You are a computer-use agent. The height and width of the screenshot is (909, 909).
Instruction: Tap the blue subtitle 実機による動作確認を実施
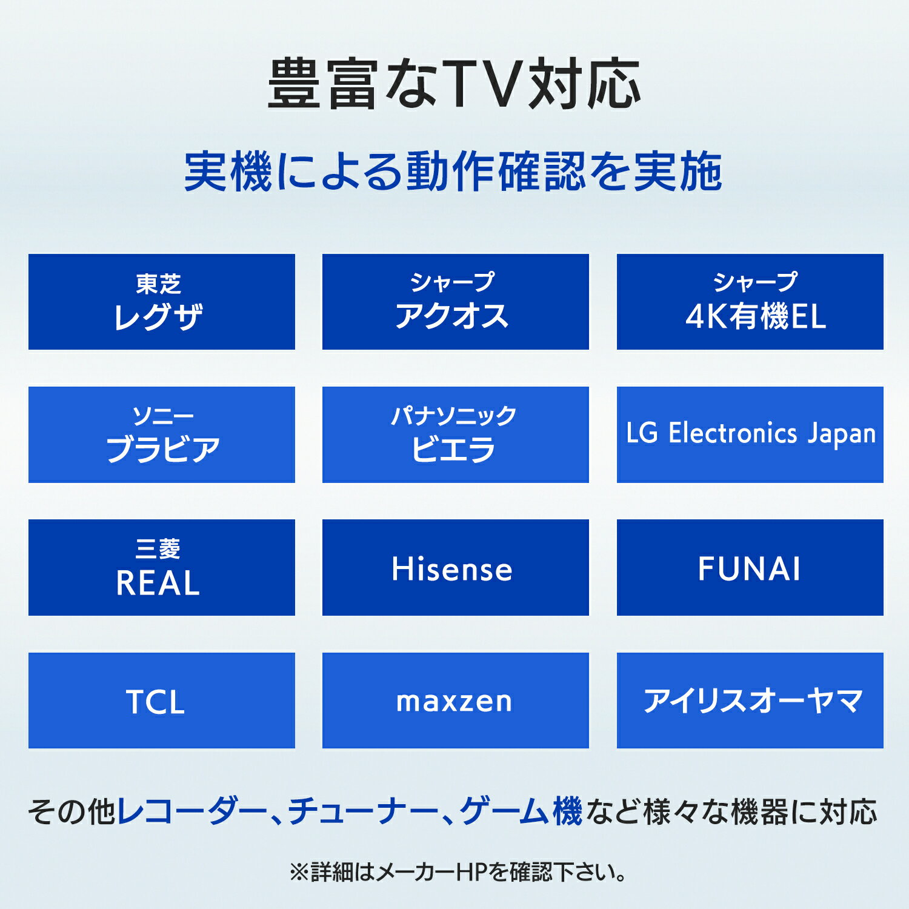coord(453,171)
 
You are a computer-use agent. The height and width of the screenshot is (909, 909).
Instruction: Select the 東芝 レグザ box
coord(161,302)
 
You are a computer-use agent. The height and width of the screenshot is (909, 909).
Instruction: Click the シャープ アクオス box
coord(455,302)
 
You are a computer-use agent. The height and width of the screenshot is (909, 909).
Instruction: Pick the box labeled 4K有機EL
coord(750,302)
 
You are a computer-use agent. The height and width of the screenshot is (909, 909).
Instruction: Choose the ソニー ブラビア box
coord(161,435)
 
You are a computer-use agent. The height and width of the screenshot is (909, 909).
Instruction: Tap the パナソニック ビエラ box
coord(455,435)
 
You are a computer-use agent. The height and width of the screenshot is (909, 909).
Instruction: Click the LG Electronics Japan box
coord(750,435)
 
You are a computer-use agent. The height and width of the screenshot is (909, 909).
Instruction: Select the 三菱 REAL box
coord(161,567)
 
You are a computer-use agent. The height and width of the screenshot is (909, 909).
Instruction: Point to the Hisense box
coord(455,567)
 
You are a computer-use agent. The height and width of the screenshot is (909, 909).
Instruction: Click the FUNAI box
coord(750,567)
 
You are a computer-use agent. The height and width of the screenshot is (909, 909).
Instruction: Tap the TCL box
coord(161,701)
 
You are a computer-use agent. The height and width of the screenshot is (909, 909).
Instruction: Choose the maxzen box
coord(455,701)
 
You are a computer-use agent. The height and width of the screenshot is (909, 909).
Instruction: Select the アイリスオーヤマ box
coord(750,701)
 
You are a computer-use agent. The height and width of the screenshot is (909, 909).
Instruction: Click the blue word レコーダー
coord(191,811)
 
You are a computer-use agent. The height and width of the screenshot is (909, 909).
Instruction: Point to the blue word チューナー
coord(363,811)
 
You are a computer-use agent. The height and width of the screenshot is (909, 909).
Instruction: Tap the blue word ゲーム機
coord(521,811)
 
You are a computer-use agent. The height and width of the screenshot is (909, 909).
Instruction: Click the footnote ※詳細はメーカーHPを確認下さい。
coord(457,873)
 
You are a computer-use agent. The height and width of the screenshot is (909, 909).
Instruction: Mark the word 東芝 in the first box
coord(158,283)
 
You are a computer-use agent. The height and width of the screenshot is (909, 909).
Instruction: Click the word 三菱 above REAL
coord(158,549)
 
